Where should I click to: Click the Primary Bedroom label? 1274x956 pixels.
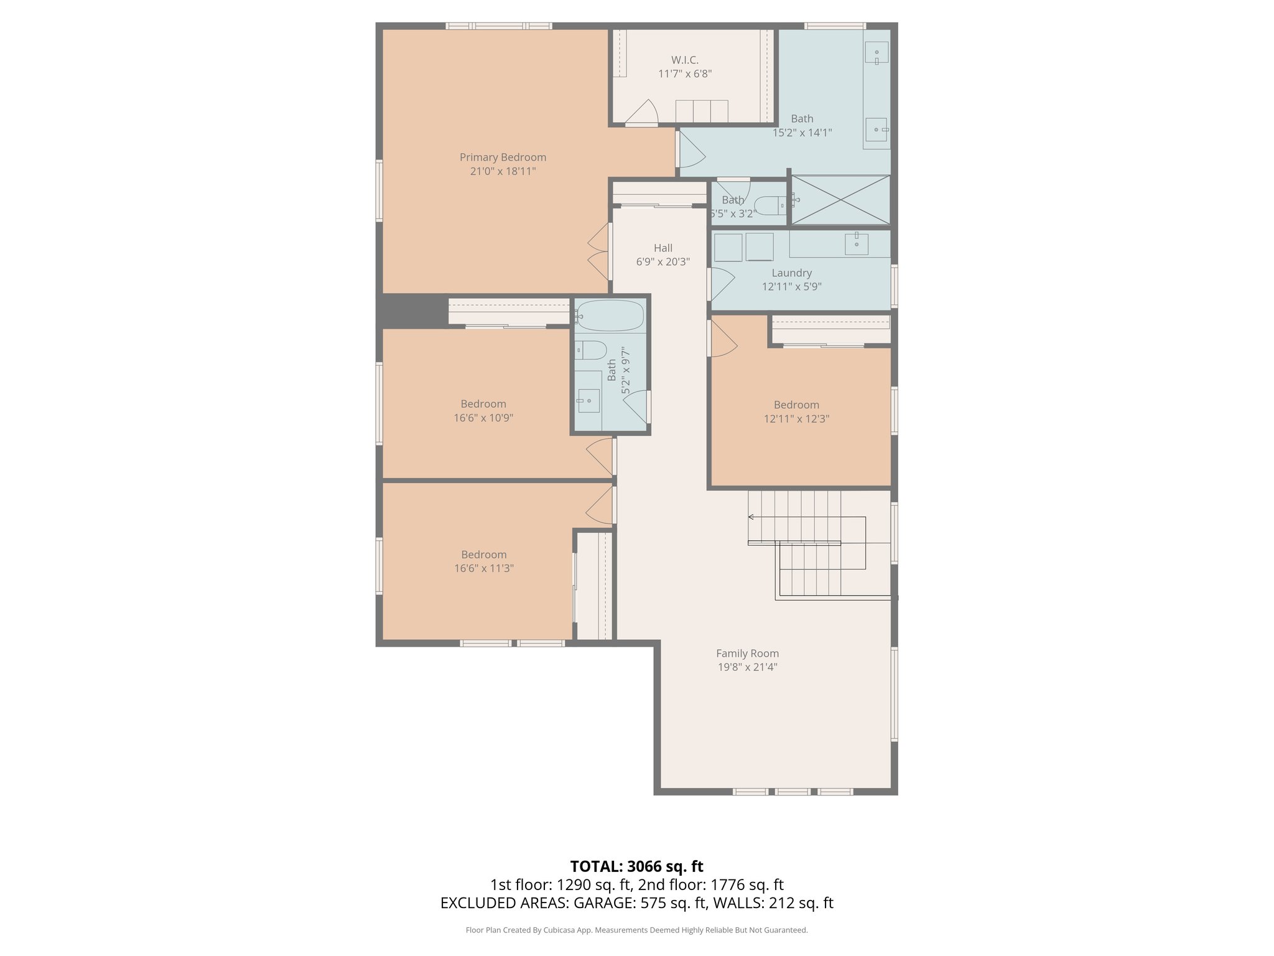(503, 157)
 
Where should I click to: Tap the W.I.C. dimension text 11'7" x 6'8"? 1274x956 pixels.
(685, 74)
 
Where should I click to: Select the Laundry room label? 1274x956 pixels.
(791, 273)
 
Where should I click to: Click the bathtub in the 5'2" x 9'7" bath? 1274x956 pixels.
(609, 316)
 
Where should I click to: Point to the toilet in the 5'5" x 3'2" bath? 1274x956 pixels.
(771, 205)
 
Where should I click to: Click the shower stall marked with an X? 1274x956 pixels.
(840, 200)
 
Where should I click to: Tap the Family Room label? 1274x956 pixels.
(747, 654)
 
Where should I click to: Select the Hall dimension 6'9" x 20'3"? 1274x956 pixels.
(663, 262)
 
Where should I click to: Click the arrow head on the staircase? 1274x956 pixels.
(751, 517)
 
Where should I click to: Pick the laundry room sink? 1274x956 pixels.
(857, 244)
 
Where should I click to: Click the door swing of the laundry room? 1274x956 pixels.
(722, 284)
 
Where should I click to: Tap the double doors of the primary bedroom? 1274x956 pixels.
(598, 251)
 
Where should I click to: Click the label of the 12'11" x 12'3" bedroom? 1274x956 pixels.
(796, 405)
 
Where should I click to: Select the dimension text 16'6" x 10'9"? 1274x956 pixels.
(483, 418)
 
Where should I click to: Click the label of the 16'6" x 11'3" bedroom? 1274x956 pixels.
(483, 555)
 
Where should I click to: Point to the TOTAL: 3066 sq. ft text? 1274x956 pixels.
(636, 866)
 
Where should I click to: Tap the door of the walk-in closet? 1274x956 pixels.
(643, 113)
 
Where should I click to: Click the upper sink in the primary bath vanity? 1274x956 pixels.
(876, 53)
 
